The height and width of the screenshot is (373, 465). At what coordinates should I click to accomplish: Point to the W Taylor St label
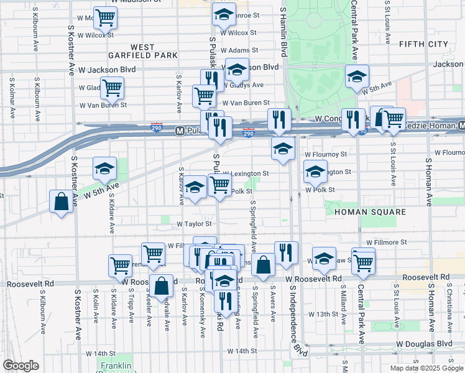[x=194, y=224]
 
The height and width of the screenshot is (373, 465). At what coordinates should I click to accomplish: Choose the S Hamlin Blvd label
[x=283, y=31]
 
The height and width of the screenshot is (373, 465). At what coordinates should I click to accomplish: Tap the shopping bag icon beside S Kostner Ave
[x=61, y=201]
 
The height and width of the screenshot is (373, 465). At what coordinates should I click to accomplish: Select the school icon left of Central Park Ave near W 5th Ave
[x=357, y=76]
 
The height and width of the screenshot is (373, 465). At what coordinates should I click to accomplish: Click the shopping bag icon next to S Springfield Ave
[x=264, y=264]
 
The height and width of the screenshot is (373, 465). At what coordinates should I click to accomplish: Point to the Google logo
[x=21, y=366]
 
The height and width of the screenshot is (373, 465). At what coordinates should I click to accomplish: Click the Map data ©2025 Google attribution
[x=426, y=368]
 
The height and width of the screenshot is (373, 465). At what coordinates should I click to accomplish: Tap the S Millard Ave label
[x=343, y=309]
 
